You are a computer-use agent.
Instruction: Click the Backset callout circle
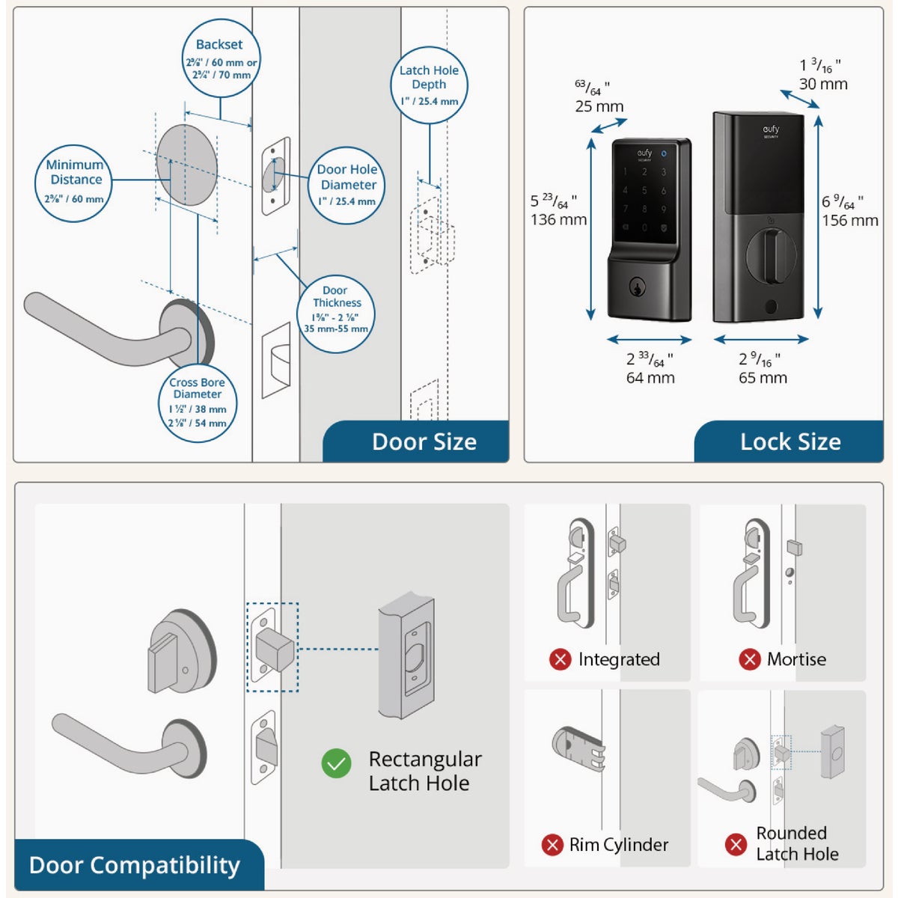pyautogui.click(x=221, y=59)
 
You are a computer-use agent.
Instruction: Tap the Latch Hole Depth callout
pyautogui.click(x=429, y=85)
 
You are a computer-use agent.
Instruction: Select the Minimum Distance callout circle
pyautogui.click(x=74, y=183)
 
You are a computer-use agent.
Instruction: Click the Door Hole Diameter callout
pyautogui.click(x=346, y=185)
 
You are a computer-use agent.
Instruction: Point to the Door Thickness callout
pyautogui.click(x=335, y=309)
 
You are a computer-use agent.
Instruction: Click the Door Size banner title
pyautogui.click(x=424, y=442)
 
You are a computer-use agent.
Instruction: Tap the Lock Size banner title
pyautogui.click(x=790, y=442)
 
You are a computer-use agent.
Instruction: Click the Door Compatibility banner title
pyautogui.click(x=135, y=865)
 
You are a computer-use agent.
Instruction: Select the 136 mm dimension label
pyautogui.click(x=558, y=219)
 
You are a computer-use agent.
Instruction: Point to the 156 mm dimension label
pyautogui.click(x=850, y=220)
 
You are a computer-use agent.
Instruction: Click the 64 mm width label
pyautogui.click(x=650, y=378)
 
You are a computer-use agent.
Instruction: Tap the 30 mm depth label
pyautogui.click(x=823, y=84)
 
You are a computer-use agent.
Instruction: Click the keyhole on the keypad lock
pyautogui.click(x=638, y=287)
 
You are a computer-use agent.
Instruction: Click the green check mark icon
pyautogui.click(x=336, y=763)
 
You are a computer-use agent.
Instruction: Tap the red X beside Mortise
pyautogui.click(x=749, y=659)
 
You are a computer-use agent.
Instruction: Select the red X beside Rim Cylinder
pyautogui.click(x=552, y=845)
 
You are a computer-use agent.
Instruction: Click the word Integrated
pyautogui.click(x=619, y=659)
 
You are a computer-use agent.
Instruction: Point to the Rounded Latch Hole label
pyautogui.click(x=796, y=843)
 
